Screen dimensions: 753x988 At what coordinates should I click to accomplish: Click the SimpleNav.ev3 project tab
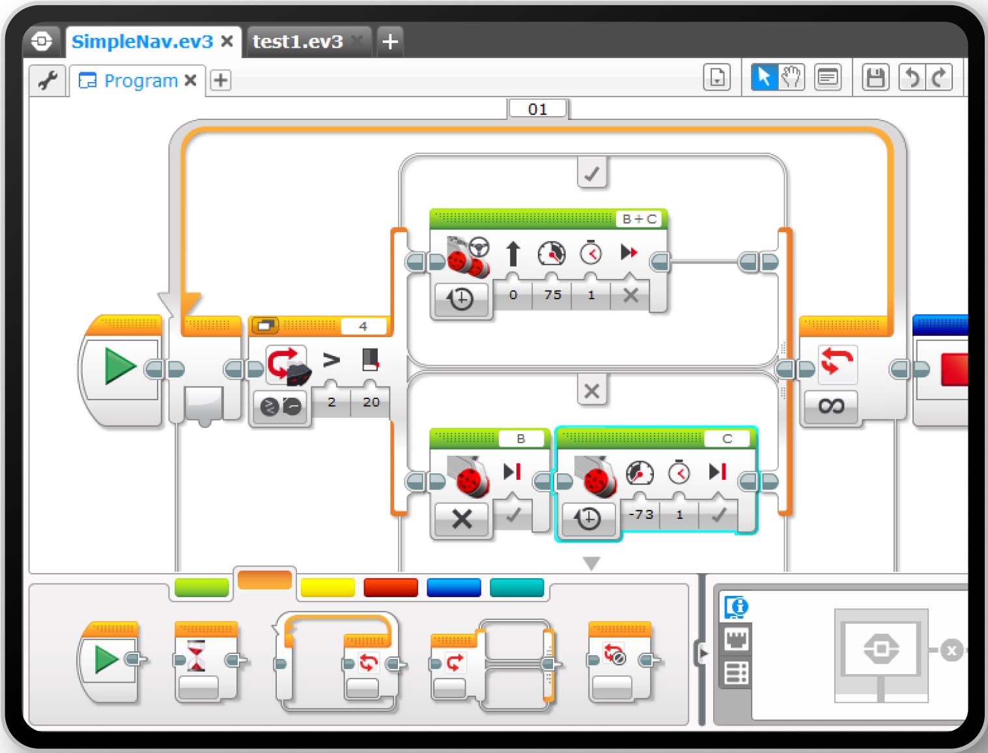142,42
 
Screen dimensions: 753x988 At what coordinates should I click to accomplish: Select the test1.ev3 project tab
298,42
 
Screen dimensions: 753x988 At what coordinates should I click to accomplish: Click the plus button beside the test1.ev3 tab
390,42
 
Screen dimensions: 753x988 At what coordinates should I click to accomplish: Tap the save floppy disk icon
875,78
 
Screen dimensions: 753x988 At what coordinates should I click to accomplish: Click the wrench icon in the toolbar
48,80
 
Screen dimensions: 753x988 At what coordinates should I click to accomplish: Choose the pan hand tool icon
791,78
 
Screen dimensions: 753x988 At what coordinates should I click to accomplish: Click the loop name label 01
537,109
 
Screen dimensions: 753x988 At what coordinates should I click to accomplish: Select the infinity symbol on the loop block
831,406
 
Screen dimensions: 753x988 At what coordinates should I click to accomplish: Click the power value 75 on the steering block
552,295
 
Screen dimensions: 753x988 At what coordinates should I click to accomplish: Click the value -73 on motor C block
640,514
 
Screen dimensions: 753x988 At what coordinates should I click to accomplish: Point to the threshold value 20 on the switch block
371,402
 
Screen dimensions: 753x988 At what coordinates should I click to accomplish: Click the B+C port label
639,219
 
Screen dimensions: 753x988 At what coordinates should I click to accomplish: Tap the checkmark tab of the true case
592,173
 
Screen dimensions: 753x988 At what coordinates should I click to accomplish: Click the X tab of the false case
592,391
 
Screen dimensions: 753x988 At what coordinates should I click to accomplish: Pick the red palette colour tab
391,587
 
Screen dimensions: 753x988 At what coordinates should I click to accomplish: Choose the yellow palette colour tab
328,587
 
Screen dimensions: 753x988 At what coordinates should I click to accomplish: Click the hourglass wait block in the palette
196,655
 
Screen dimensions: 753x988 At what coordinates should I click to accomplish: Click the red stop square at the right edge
954,369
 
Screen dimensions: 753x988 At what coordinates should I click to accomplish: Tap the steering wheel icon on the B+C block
479,246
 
